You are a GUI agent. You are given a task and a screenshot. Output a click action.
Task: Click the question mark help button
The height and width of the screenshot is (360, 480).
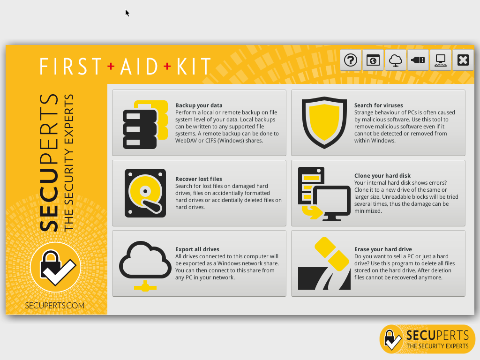click(351, 60)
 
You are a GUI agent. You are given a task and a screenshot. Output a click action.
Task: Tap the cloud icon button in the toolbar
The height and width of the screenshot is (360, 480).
click(396, 60)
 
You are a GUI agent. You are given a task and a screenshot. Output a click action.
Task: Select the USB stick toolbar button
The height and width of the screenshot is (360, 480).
click(418, 60)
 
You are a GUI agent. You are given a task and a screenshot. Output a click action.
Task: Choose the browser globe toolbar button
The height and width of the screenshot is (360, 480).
click(373, 60)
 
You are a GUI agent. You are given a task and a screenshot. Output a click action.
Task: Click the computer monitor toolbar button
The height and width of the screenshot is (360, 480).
click(441, 60)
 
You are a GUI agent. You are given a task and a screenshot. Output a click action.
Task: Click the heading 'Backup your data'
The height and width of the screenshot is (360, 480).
click(199, 105)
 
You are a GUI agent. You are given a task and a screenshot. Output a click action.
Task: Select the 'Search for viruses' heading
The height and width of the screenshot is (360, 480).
click(379, 105)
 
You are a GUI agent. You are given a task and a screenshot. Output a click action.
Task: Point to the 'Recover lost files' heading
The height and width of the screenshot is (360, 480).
click(199, 179)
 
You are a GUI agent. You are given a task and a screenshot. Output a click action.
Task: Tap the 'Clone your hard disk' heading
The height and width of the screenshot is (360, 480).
click(382, 176)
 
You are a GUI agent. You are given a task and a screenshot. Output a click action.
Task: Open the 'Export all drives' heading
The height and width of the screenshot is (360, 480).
click(197, 249)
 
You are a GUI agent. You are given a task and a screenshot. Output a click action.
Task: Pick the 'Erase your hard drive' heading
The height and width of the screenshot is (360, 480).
click(383, 249)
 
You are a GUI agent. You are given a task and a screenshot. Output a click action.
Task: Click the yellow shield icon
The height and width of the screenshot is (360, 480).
click(324, 123)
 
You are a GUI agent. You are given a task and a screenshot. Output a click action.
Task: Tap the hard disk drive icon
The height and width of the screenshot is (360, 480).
click(145, 193)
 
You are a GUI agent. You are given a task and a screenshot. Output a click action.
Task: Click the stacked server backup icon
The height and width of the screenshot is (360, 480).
click(145, 125)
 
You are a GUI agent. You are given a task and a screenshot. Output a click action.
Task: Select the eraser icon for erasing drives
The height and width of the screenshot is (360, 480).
click(332, 254)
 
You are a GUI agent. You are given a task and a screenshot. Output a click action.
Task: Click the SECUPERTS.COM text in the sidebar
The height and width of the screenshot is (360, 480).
click(55, 306)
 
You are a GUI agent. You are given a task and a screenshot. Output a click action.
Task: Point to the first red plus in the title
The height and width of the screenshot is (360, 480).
click(111, 66)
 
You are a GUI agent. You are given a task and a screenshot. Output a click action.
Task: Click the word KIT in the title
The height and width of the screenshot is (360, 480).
click(194, 66)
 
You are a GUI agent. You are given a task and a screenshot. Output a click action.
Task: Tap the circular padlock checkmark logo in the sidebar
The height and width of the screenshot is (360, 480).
click(56, 267)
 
